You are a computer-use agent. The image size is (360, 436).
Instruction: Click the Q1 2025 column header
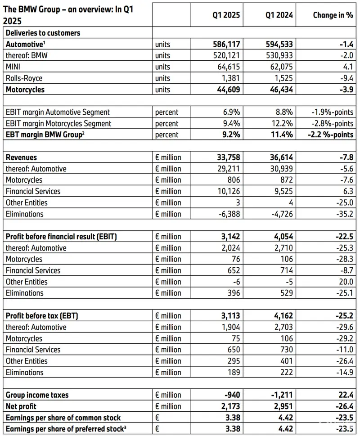point(226,15)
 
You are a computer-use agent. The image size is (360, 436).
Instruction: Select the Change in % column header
point(333,15)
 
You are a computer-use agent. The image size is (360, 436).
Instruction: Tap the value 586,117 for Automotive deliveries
point(226,44)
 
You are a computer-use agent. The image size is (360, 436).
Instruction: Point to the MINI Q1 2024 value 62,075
point(279,67)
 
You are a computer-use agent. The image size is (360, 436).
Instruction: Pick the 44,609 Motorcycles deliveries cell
point(227,90)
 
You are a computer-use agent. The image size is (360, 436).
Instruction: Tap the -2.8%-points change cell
point(332,123)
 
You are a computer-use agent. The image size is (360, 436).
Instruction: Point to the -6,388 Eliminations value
point(229,214)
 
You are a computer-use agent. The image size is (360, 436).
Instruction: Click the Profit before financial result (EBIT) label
point(61,237)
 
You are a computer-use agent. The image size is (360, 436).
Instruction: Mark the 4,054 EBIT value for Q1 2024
point(282,237)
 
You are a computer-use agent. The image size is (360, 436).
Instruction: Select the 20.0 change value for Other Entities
point(345,282)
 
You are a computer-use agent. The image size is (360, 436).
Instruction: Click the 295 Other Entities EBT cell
point(234,361)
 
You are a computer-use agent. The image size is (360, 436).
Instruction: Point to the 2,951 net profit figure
point(282,406)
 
